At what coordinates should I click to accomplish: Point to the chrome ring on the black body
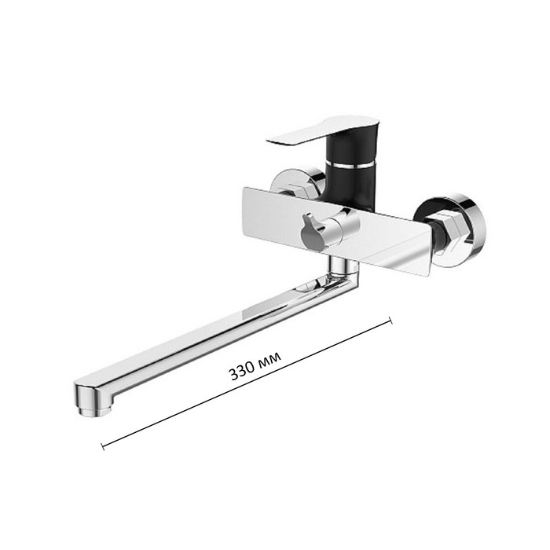[350, 164]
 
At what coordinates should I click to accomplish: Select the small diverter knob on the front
[311, 232]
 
